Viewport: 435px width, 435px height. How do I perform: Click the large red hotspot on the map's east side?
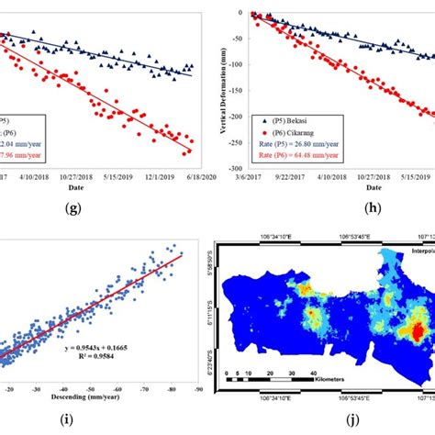419,331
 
